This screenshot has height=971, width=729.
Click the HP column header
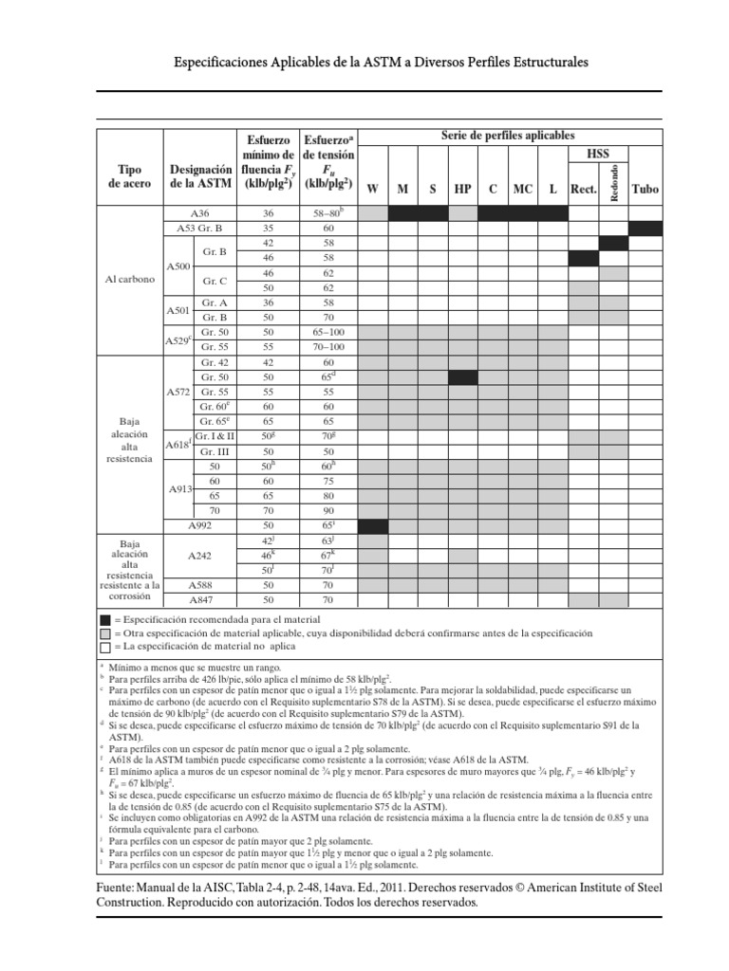pos(462,189)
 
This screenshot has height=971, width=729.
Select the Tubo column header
pos(645,189)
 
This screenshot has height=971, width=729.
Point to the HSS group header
pos(599,154)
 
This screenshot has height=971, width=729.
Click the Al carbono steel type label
pos(130,281)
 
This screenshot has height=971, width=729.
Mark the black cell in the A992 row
pos(373,525)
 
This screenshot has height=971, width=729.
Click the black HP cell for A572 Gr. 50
pos(462,376)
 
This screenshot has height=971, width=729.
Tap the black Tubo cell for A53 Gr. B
pos(645,228)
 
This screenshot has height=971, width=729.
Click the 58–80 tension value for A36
pos(327,213)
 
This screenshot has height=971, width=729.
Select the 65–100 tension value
pos(327,332)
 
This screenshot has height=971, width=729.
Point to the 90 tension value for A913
pos(327,510)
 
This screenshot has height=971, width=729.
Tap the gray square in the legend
pos(104,632)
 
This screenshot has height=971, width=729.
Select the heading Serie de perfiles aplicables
pos(508,136)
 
